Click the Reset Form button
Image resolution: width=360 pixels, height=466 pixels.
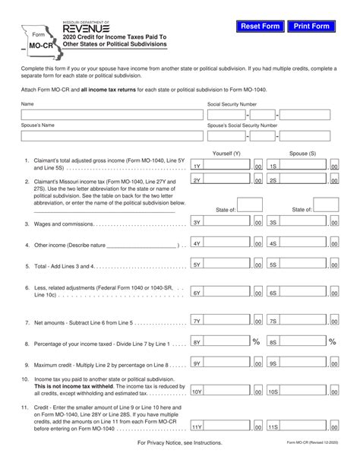pyautogui.click(x=260, y=27)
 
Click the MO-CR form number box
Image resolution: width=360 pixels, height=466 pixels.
pyautogui.click(x=33, y=45)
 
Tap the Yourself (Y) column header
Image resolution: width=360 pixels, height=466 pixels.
pyautogui.click(x=226, y=153)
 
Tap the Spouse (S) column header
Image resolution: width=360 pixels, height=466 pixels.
pyautogui.click(x=302, y=153)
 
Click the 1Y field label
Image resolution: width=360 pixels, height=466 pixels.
pyautogui.click(x=197, y=166)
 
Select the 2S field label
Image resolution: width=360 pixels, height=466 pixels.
pyautogui.click(x=273, y=181)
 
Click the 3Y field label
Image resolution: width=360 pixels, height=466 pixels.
pyautogui.click(x=197, y=222)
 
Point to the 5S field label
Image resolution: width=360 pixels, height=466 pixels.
pyautogui.click(x=273, y=265)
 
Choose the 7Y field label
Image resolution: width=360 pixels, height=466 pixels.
pyautogui.click(x=197, y=322)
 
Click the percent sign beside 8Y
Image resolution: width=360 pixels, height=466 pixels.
pyautogui.click(x=256, y=342)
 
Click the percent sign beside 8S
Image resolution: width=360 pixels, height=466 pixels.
pyautogui.click(x=332, y=342)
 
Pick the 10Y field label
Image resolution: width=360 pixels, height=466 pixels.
pyautogui.click(x=197, y=392)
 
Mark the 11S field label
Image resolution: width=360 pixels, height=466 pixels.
pyautogui.click(x=273, y=428)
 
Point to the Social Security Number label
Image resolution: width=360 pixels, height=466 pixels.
pyautogui.click(x=232, y=104)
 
